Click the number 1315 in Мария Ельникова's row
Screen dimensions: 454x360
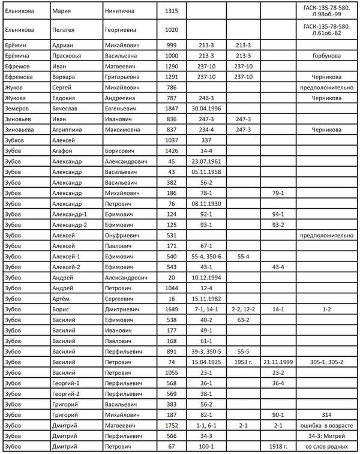point(172,11)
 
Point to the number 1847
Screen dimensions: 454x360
point(172,109)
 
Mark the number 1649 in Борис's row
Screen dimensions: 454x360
point(172,309)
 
